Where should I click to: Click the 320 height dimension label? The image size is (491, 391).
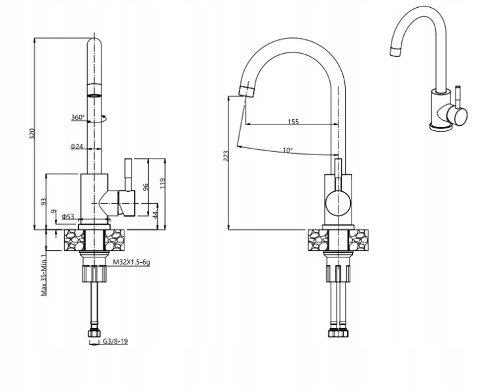(32, 134)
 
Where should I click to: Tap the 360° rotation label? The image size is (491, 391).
(78, 117)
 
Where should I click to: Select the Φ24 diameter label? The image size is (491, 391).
(77, 146)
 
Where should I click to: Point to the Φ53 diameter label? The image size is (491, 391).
(68, 217)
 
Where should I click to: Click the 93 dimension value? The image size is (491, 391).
(44, 202)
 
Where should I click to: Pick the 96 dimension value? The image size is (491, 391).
(145, 187)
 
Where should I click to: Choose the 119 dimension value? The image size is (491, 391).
(162, 183)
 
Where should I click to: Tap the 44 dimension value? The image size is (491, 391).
(155, 215)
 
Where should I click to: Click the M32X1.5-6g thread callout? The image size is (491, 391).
(131, 262)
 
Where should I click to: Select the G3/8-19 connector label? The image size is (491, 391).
(115, 341)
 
